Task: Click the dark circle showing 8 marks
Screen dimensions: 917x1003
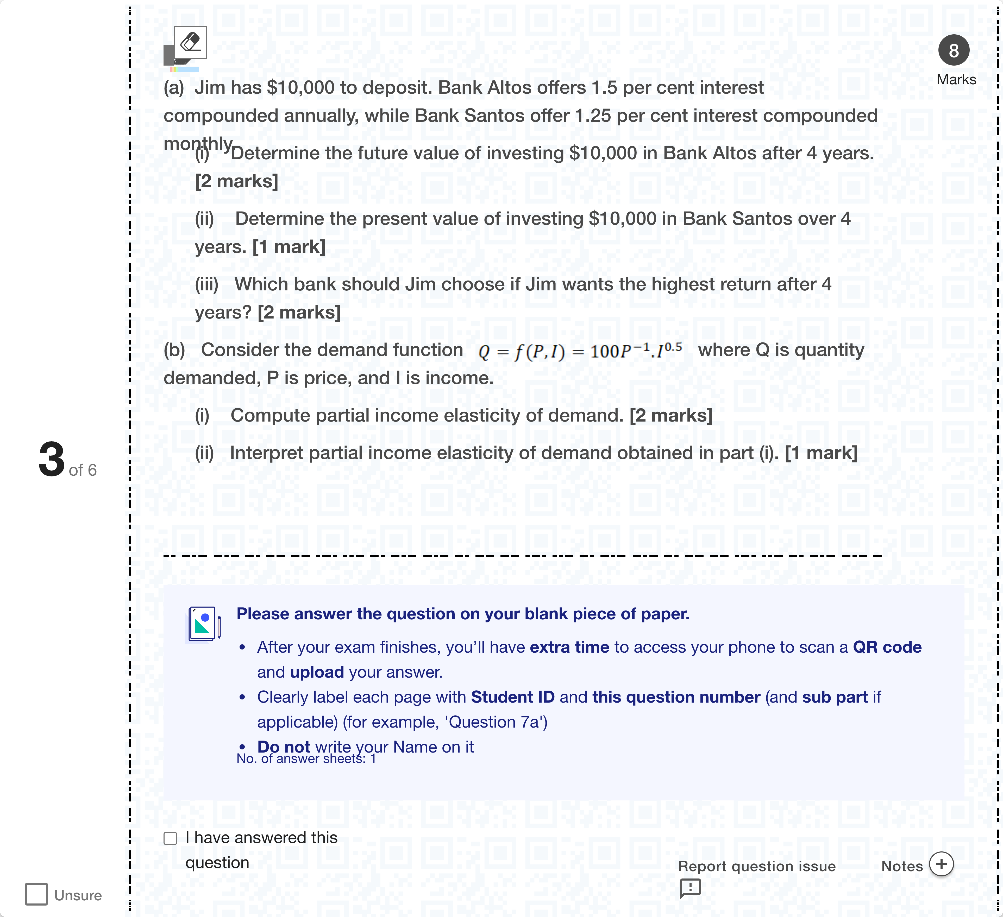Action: click(x=953, y=50)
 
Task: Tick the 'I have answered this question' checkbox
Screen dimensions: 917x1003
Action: click(x=170, y=838)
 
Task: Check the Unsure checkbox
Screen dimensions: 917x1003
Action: click(x=36, y=894)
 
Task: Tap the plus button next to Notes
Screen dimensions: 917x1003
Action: click(x=941, y=864)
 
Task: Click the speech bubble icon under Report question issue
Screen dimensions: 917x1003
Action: click(x=690, y=888)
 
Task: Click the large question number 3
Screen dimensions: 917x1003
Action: click(x=52, y=460)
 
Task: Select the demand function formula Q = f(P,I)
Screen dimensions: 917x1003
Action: click(x=580, y=351)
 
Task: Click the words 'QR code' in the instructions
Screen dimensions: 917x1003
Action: click(x=887, y=647)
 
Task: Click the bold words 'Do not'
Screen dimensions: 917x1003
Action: click(x=284, y=747)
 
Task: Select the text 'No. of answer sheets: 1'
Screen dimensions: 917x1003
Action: click(x=306, y=759)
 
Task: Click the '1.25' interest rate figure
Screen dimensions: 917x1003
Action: click(x=592, y=116)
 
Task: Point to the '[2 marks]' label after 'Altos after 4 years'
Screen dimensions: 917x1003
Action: click(x=236, y=181)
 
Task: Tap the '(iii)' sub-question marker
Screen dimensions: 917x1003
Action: click(x=206, y=284)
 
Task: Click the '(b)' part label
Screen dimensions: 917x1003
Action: click(x=174, y=350)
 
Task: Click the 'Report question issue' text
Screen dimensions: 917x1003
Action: click(x=756, y=866)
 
